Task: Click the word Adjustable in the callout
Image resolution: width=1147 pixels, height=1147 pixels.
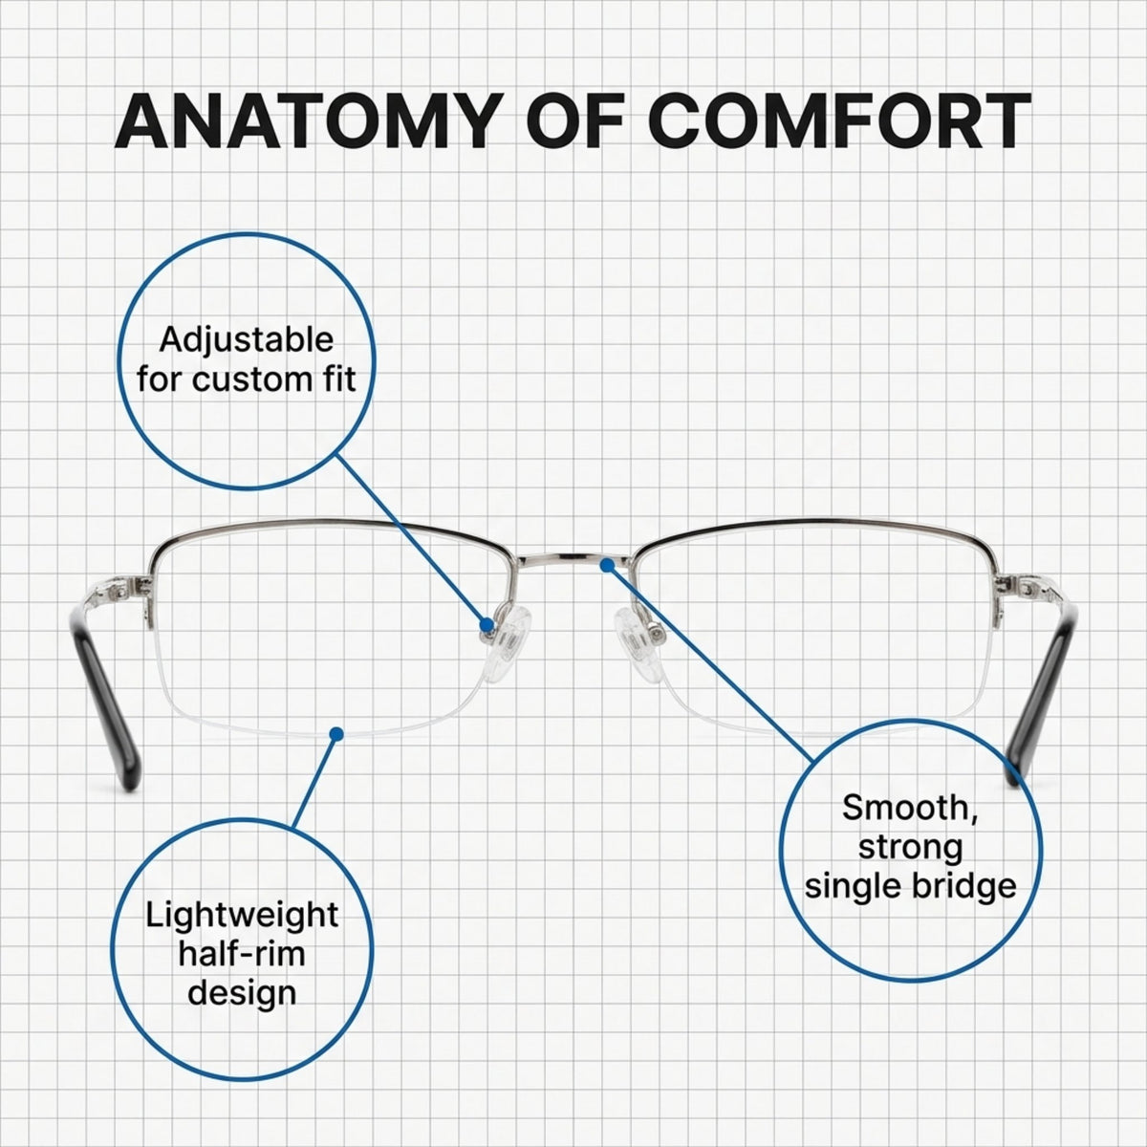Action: tap(247, 341)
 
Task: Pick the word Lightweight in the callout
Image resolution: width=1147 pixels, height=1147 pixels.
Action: tap(242, 915)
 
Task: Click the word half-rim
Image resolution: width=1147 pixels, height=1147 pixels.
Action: tap(242, 954)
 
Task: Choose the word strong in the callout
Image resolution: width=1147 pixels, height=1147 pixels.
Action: tap(910, 848)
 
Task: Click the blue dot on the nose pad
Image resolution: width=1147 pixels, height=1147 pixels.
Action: tap(487, 624)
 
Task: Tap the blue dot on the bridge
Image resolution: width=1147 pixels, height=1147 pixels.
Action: tap(607, 565)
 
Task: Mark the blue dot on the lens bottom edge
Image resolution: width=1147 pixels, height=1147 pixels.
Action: tap(336, 733)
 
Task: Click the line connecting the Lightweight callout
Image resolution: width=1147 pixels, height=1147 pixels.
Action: tap(314, 781)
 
